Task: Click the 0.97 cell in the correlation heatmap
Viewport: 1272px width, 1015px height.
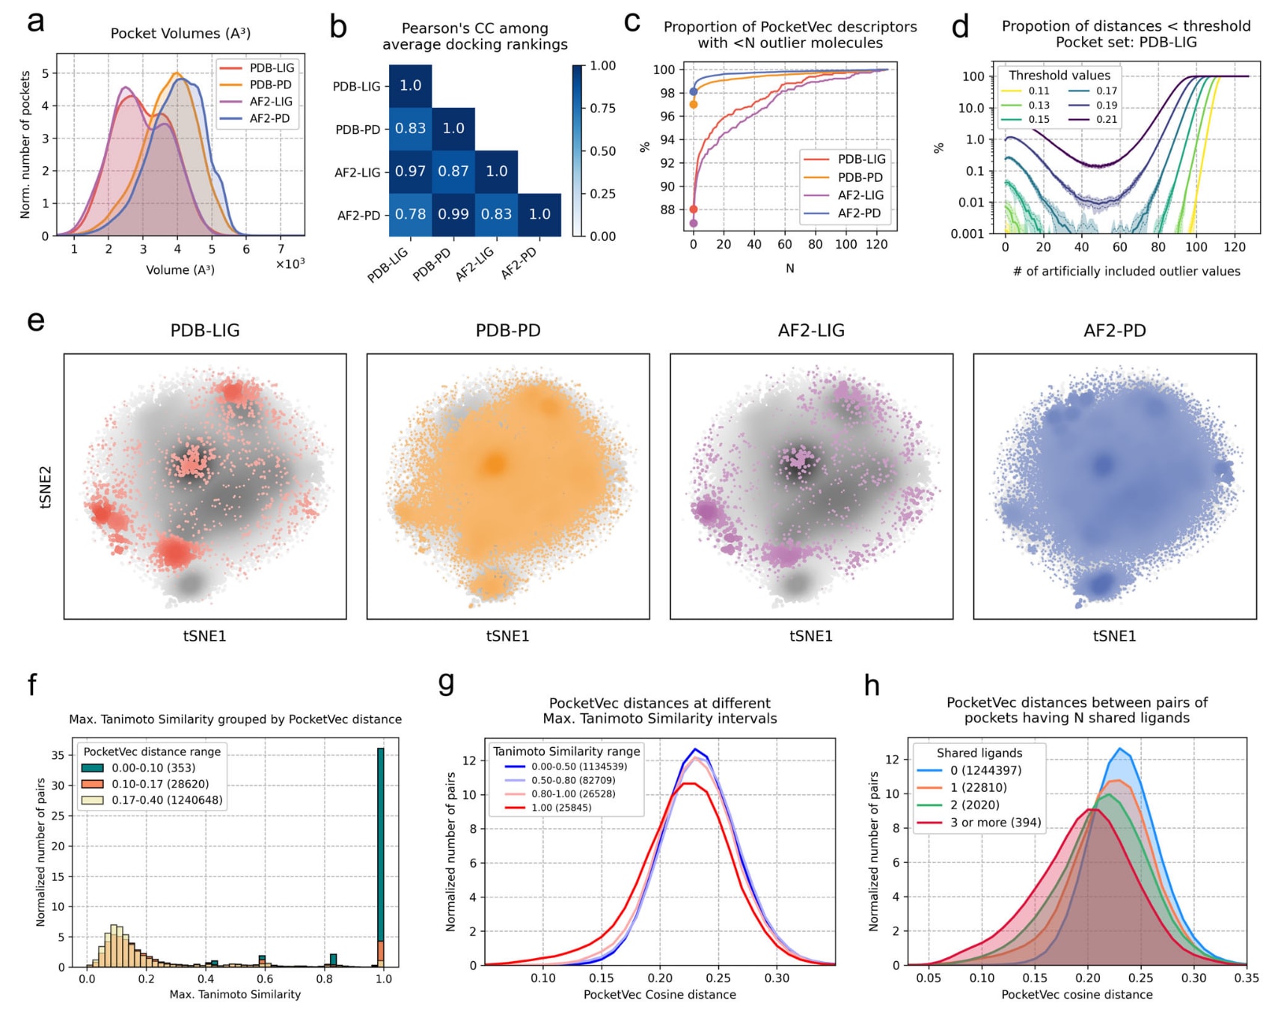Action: [x=410, y=171]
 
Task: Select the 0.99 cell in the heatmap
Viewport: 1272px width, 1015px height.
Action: [x=453, y=214]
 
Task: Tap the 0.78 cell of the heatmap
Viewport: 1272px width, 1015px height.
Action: [x=410, y=214]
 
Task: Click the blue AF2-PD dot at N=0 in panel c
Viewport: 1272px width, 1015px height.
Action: [x=694, y=91]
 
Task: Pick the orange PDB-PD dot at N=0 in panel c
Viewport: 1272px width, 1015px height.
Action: [x=694, y=104]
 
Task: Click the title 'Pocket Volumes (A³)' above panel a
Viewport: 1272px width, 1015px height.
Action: [x=180, y=34]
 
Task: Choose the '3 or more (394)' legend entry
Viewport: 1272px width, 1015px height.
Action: [x=995, y=823]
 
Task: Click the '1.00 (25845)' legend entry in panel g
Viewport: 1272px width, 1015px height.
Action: [x=561, y=808]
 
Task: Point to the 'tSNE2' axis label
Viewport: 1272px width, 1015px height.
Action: [x=46, y=487]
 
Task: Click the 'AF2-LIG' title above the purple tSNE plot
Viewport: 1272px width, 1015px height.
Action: [x=811, y=331]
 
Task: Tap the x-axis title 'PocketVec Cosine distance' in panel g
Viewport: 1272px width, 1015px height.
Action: [x=659, y=995]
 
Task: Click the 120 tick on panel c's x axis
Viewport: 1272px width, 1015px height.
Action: [x=877, y=244]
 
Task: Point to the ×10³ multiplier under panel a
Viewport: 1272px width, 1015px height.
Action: [x=290, y=263]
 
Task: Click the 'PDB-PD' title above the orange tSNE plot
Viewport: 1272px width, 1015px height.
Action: [x=508, y=331]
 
